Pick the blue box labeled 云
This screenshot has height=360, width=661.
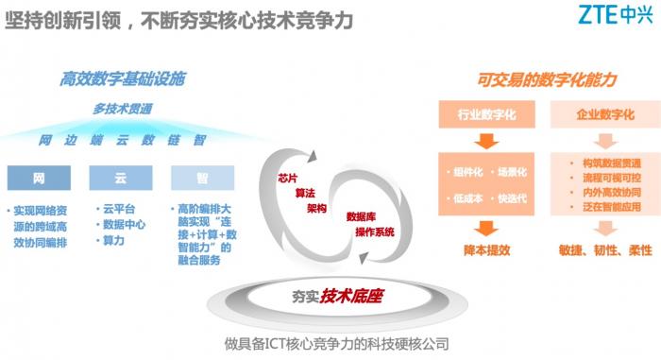point(120,177)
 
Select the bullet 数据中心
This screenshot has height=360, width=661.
point(127,224)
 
